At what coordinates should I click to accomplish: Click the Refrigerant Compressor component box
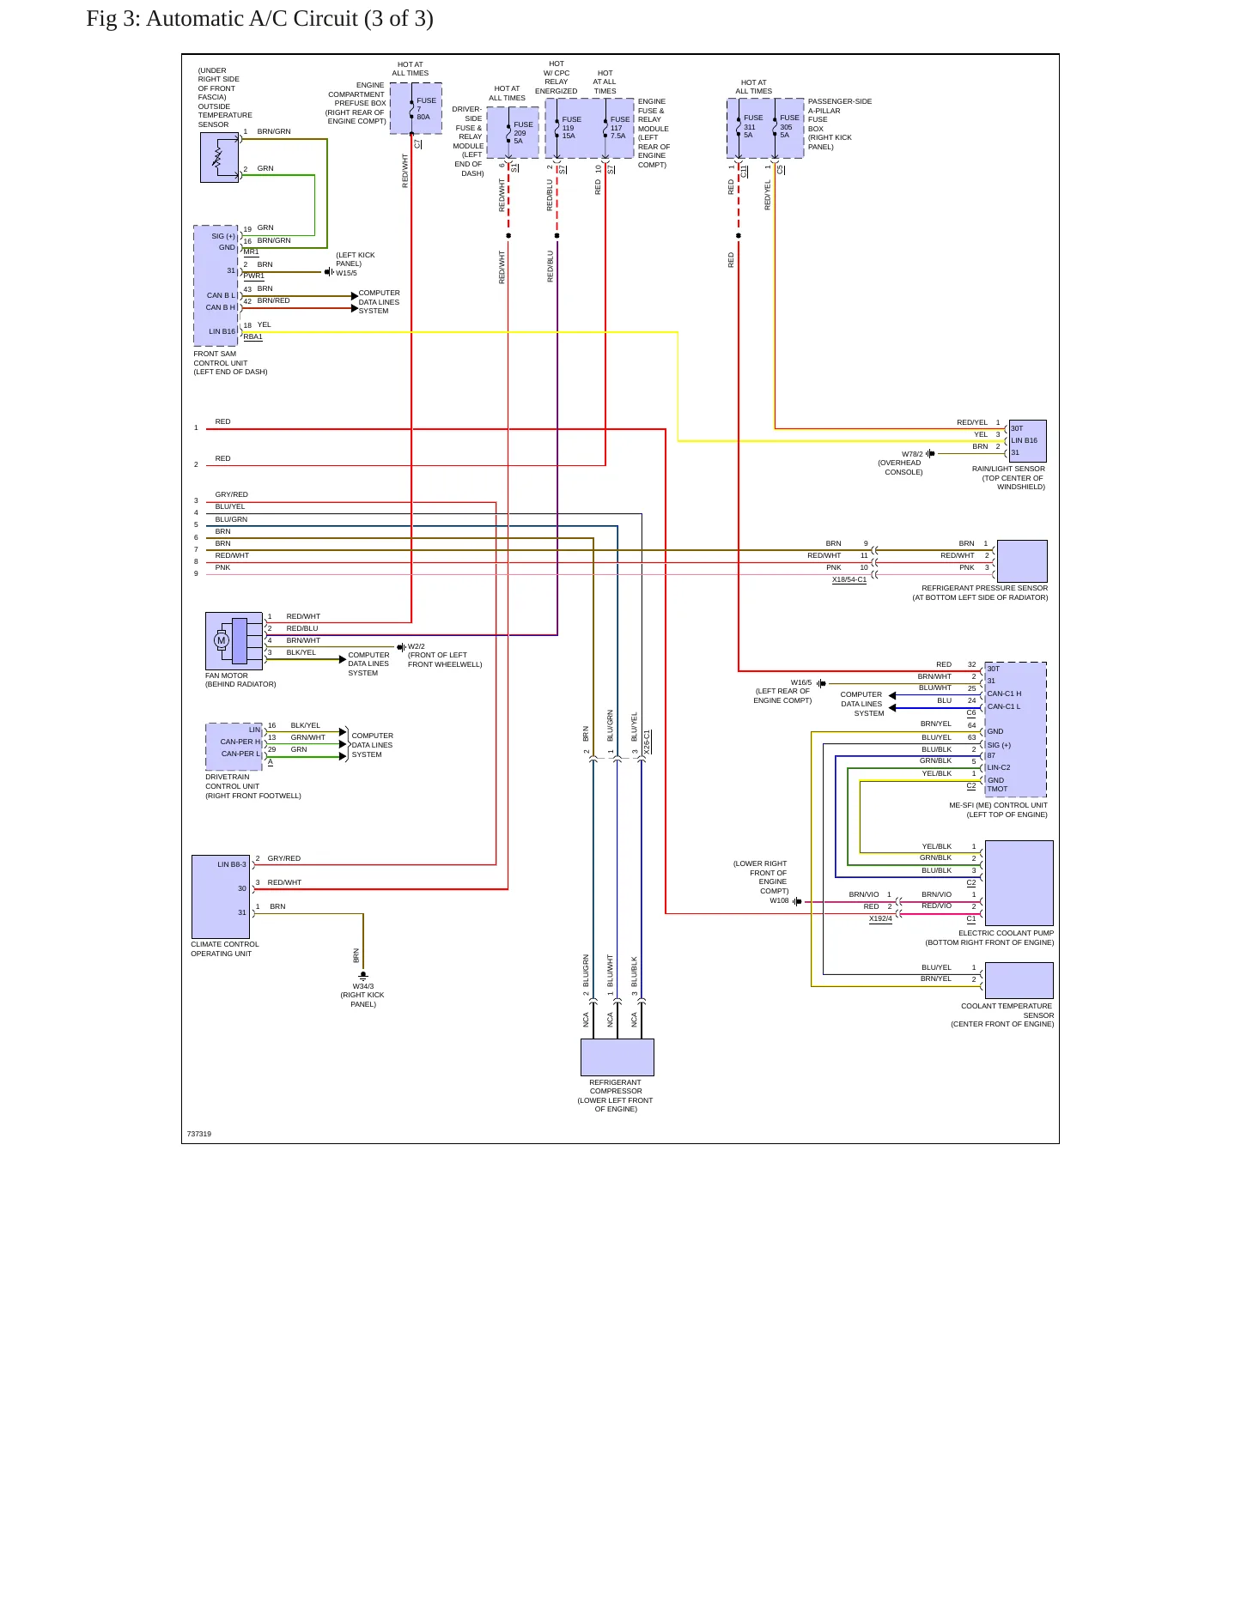pyautogui.click(x=617, y=1057)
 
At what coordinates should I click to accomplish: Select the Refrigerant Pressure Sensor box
pyautogui.click(x=1022, y=561)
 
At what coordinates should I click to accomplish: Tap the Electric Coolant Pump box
pyautogui.click(x=1019, y=883)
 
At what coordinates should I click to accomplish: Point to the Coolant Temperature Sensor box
pyautogui.click(x=1019, y=980)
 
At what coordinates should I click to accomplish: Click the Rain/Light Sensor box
pyautogui.click(x=1028, y=441)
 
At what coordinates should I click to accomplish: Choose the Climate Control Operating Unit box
pyautogui.click(x=221, y=897)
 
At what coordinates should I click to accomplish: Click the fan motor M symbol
pyautogui.click(x=222, y=640)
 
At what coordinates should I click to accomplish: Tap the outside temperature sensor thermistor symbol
pyautogui.click(x=218, y=157)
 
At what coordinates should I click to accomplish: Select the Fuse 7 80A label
pyautogui.click(x=426, y=109)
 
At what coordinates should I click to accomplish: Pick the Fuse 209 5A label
pyautogui.click(x=523, y=133)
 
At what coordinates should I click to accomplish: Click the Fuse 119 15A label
pyautogui.click(x=571, y=128)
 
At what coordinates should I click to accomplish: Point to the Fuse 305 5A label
pyautogui.click(x=789, y=126)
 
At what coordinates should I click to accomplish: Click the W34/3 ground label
pyautogui.click(x=363, y=986)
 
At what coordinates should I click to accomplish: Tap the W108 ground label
pyautogui.click(x=779, y=900)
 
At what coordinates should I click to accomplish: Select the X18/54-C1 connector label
pyautogui.click(x=849, y=580)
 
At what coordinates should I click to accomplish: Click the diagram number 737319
pyautogui.click(x=199, y=1134)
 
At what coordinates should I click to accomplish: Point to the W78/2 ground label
pyautogui.click(x=912, y=454)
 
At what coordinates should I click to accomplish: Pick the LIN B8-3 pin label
pyautogui.click(x=232, y=864)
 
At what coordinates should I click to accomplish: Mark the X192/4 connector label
pyautogui.click(x=880, y=918)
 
